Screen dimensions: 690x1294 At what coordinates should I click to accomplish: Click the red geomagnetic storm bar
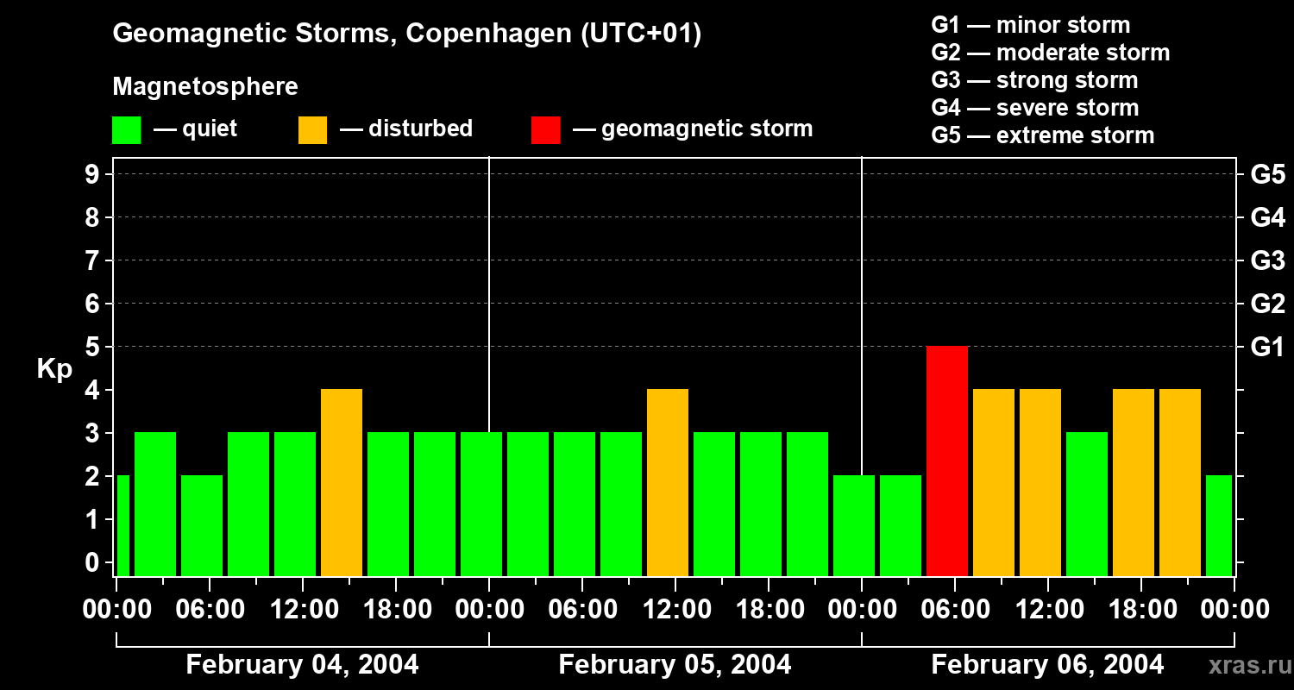[946, 461]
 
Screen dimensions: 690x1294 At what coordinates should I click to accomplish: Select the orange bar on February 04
[341, 482]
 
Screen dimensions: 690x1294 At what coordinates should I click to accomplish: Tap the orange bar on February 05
[667, 482]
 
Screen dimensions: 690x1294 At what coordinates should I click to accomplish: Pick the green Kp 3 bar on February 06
[1086, 504]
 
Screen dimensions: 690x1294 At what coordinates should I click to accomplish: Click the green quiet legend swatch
[126, 129]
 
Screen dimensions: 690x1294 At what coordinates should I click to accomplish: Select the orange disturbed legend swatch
[312, 129]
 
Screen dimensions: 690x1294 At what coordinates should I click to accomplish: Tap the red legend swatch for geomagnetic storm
[545, 129]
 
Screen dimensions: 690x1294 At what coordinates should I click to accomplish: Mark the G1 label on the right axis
[1267, 348]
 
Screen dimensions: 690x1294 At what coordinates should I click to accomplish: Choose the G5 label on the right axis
[1267, 175]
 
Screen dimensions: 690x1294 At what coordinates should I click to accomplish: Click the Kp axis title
[54, 370]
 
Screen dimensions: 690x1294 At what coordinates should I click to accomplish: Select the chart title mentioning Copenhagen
[406, 34]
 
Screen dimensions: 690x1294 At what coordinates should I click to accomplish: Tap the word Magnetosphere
[205, 87]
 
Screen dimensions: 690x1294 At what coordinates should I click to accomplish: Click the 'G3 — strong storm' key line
[1034, 80]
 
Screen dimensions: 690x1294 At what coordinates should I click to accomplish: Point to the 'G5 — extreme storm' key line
[1042, 135]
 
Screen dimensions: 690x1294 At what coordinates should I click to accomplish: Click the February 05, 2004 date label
[675, 664]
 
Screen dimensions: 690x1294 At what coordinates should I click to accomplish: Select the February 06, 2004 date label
[1047, 664]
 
